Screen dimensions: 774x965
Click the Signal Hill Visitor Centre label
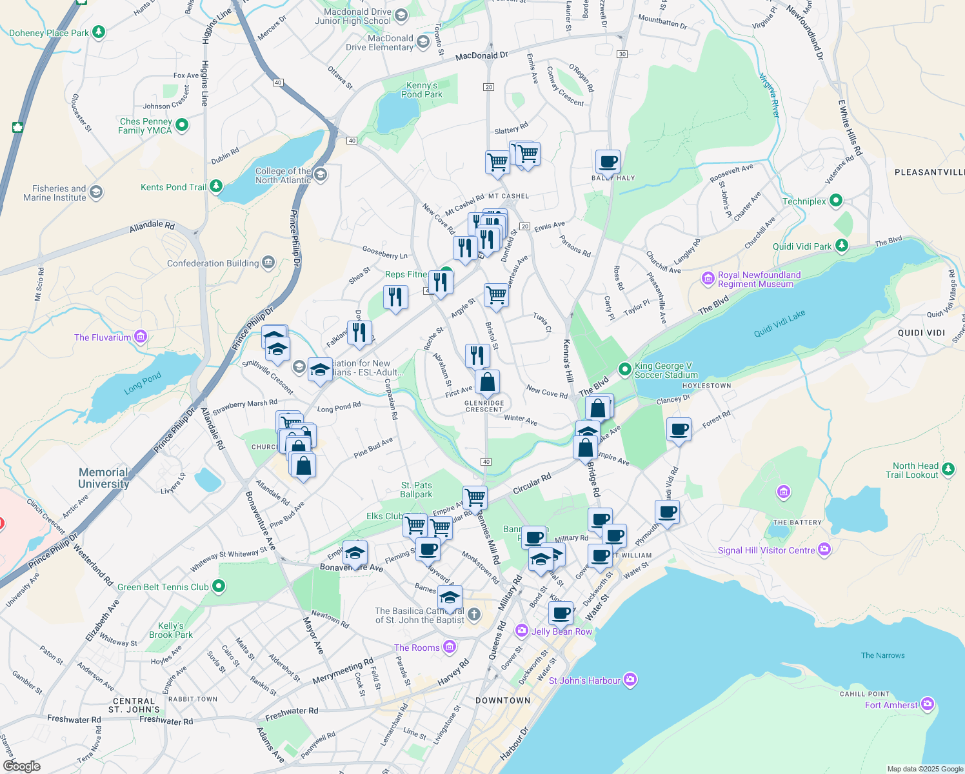[x=766, y=550]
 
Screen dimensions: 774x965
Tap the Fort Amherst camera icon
[x=928, y=704]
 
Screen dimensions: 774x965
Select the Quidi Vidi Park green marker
[x=841, y=246]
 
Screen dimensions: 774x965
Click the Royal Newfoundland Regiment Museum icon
[x=708, y=279]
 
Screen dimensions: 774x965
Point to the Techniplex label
[x=804, y=201]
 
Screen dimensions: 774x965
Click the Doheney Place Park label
[x=49, y=33]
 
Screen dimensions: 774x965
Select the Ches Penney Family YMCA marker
[x=181, y=125]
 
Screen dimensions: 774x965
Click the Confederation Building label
[x=213, y=263]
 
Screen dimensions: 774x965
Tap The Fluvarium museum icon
[x=141, y=337]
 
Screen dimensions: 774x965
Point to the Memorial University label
[x=104, y=478]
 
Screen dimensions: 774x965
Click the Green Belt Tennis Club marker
[x=219, y=586]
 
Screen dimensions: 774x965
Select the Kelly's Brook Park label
[x=171, y=630]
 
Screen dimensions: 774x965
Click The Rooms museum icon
[x=450, y=647]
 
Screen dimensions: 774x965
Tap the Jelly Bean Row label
[x=561, y=631]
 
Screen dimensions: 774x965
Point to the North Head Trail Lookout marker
[x=948, y=470]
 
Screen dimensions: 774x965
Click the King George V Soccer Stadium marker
[x=624, y=370]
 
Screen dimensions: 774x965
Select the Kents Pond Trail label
[x=174, y=187]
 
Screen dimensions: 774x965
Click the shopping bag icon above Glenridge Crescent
[x=488, y=382]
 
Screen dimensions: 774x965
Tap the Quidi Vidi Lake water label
[x=779, y=324]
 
